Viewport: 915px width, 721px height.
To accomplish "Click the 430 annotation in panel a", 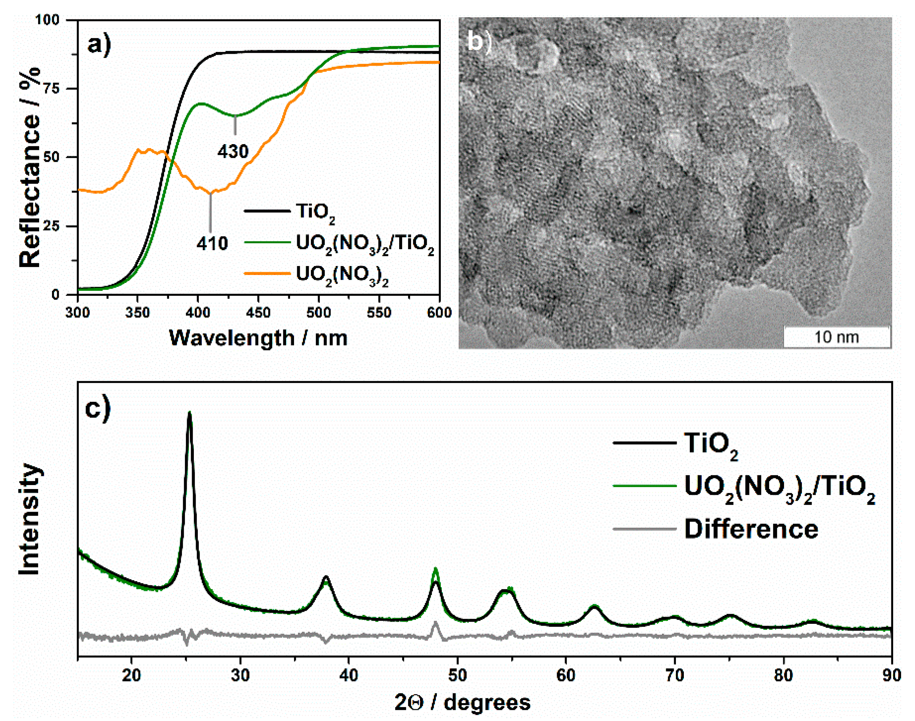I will (x=233, y=151).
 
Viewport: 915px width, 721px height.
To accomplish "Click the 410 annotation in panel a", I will (x=212, y=243).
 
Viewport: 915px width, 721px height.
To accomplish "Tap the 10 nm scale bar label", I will (x=836, y=337).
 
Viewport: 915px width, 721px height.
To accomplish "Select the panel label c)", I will (x=98, y=409).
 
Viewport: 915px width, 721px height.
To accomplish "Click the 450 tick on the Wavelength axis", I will (x=258, y=313).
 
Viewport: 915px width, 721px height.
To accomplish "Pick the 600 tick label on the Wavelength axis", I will (x=439, y=313).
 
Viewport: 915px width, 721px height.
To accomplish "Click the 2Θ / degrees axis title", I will (x=462, y=702).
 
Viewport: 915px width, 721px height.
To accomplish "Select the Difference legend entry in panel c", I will (x=751, y=529).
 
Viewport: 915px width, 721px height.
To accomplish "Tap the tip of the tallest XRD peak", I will (x=189, y=412).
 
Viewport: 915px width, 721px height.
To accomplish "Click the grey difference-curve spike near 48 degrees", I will (x=435, y=623).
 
